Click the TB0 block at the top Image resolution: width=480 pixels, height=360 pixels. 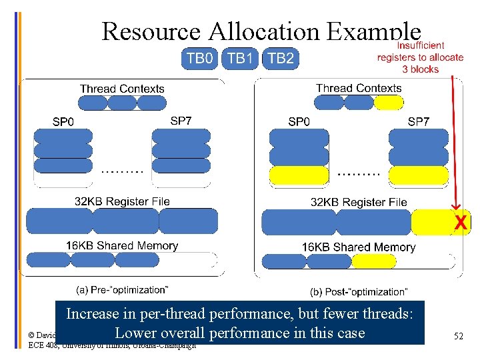[200, 59]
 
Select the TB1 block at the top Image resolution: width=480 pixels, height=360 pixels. [240, 59]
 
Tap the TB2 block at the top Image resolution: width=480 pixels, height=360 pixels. [281, 59]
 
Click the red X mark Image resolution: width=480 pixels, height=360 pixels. [460, 223]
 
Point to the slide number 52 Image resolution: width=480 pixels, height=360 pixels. [458, 337]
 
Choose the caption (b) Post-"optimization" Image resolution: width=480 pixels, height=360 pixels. [359, 292]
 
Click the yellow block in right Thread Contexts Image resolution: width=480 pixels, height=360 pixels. [389, 102]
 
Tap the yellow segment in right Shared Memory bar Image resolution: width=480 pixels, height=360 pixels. [373, 261]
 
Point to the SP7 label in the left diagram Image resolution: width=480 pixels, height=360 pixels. [181, 121]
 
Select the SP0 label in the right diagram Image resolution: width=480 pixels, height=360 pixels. [299, 121]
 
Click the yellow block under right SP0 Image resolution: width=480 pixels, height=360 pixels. [299, 175]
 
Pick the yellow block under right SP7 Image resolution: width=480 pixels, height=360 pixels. [418, 175]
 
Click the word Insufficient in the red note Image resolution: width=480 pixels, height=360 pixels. [421, 45]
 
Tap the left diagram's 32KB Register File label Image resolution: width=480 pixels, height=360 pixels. [122, 201]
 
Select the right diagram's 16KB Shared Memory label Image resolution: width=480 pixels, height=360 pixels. [359, 247]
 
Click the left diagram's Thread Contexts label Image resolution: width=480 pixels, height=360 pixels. [122, 89]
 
